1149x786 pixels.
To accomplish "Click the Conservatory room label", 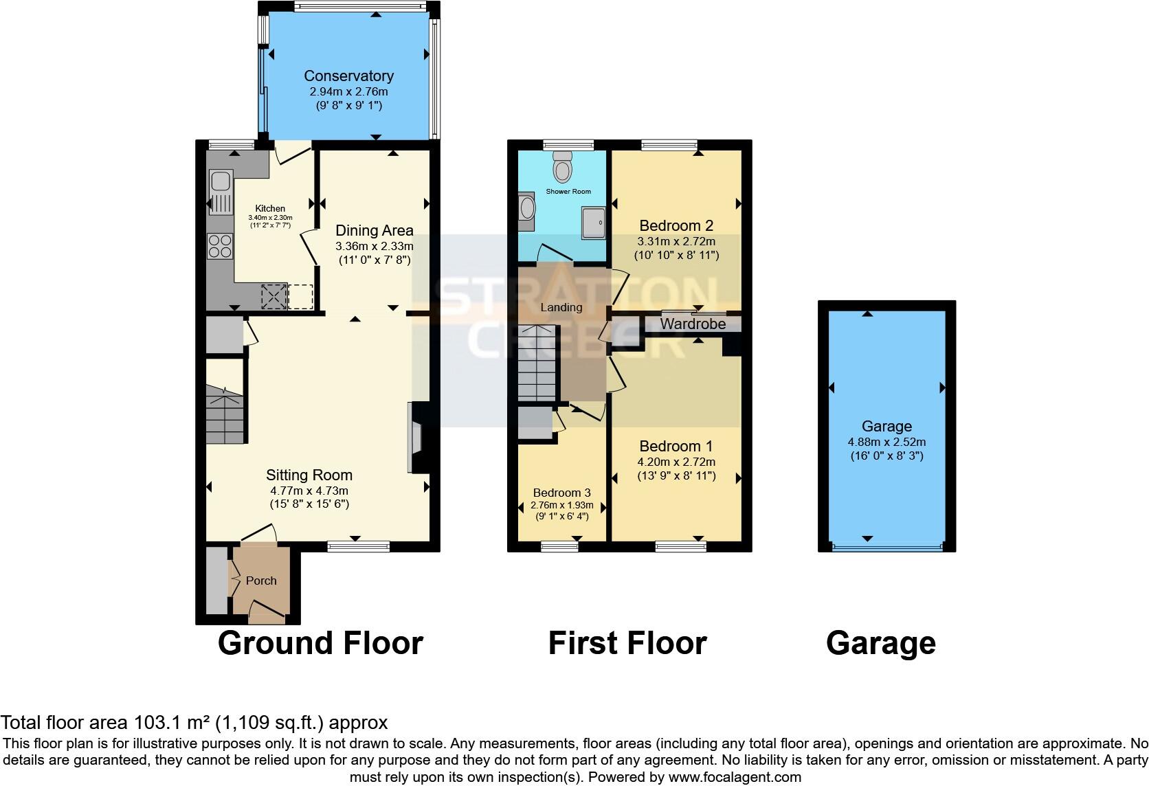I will click(x=348, y=76).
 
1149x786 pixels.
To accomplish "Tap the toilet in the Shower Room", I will click(x=563, y=167).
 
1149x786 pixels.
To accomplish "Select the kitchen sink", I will click(x=220, y=181).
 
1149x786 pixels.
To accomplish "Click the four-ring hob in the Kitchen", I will click(x=220, y=247).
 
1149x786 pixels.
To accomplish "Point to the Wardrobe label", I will click(x=693, y=324).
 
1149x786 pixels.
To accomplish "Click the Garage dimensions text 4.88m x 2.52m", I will click(x=886, y=442).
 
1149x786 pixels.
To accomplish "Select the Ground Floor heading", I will click(x=320, y=644).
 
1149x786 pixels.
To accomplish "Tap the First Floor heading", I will click(x=627, y=644).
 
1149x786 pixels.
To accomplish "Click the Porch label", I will click(x=261, y=581).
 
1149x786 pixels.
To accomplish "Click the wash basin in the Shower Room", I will click(x=526, y=207).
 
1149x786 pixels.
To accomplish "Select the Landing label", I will click(x=561, y=307).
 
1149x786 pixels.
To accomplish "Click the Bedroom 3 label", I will click(x=561, y=493).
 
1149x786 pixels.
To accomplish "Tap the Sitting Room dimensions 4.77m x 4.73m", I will click(x=309, y=491).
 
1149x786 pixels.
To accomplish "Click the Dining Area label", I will click(x=374, y=230).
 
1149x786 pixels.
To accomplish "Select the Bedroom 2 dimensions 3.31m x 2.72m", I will click(x=676, y=241).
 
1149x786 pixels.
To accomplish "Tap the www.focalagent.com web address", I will click(x=735, y=778).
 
